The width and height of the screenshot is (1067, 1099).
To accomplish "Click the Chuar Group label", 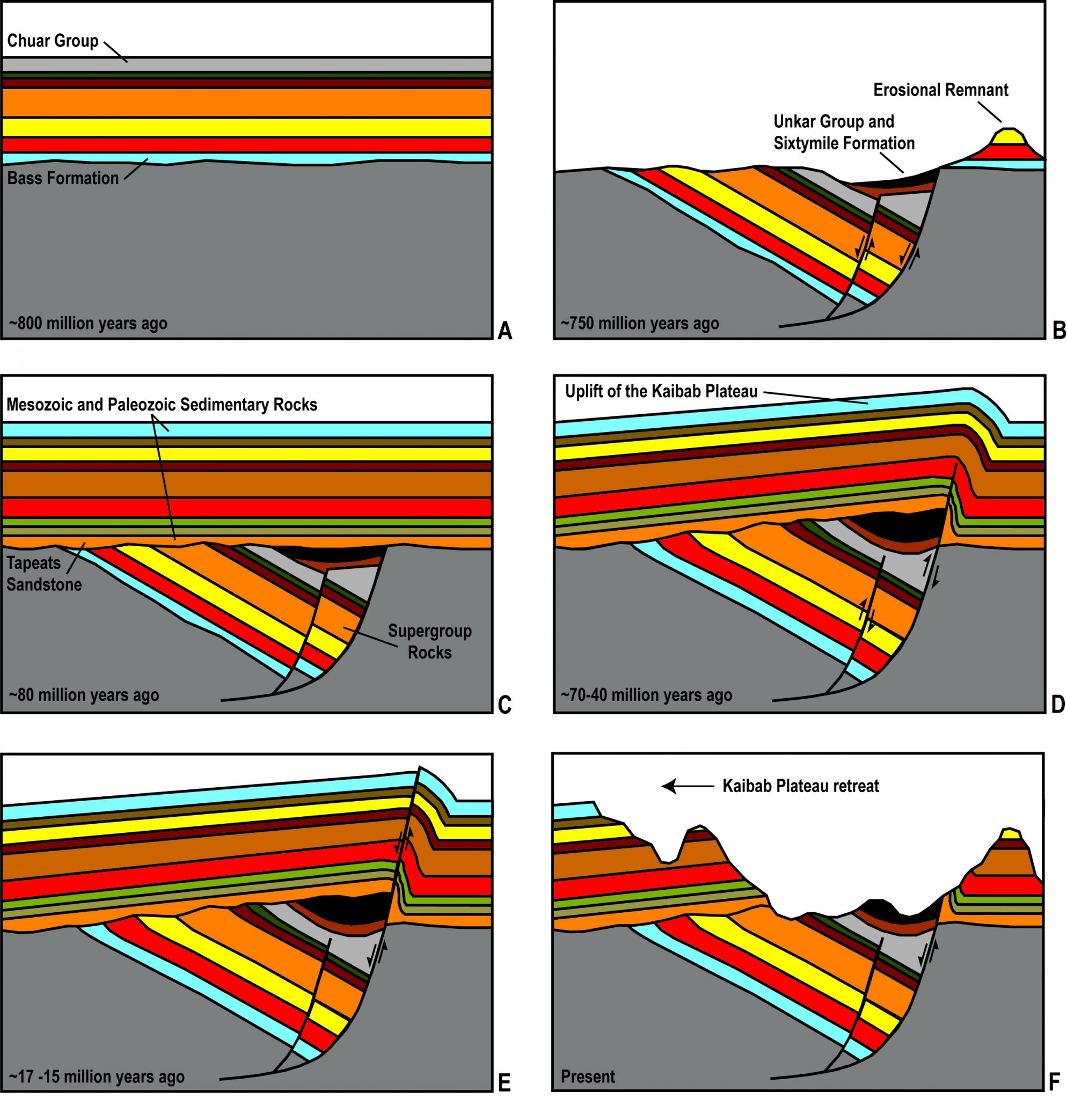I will pyautogui.click(x=53, y=41).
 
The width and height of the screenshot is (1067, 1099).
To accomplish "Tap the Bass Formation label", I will pyautogui.click(x=63, y=178).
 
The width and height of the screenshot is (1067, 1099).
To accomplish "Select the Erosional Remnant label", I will pyautogui.click(x=940, y=90).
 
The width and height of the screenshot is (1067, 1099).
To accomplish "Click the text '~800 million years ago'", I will pyautogui.click(x=88, y=324).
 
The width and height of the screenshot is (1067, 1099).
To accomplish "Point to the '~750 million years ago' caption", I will pyautogui.click(x=640, y=324).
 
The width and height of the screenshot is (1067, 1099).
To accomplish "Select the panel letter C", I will pyautogui.click(x=505, y=705).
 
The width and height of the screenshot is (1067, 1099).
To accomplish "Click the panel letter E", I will pyautogui.click(x=504, y=1082).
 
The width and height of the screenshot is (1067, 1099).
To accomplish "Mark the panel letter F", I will pyautogui.click(x=1054, y=1082).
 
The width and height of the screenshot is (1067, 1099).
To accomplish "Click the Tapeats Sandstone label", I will pyautogui.click(x=43, y=574).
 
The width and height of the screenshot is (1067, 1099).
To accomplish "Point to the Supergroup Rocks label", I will pyautogui.click(x=429, y=641).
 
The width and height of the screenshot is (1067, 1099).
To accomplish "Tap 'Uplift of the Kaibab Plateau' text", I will pyautogui.click(x=661, y=391).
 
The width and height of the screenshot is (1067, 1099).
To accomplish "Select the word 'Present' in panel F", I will pyautogui.click(x=588, y=1077).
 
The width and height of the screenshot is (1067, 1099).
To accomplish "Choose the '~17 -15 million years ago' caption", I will pyautogui.click(x=97, y=1077).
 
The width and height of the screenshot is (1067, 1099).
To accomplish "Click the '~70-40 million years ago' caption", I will pyautogui.click(x=647, y=695).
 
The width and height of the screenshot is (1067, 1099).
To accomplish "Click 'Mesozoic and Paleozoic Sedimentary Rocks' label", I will pyautogui.click(x=162, y=404).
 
